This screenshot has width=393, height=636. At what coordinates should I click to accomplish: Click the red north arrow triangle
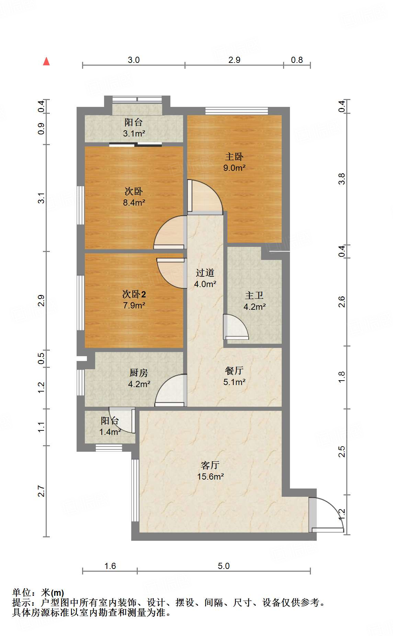(x=46, y=62)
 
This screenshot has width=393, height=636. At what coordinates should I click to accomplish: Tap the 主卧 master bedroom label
(x=234, y=157)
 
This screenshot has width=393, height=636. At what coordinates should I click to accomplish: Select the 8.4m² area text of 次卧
(x=134, y=202)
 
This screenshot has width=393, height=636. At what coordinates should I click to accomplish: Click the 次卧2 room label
(x=134, y=294)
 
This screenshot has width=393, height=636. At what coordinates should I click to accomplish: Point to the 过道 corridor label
(x=205, y=273)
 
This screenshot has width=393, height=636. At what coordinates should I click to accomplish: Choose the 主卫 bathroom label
(x=254, y=296)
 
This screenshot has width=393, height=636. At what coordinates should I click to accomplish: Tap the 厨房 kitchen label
(x=139, y=373)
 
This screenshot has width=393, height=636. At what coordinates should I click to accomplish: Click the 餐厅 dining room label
(x=234, y=371)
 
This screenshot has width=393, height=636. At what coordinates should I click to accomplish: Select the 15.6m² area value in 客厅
(x=211, y=476)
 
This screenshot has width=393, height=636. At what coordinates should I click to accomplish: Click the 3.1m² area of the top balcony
(x=134, y=133)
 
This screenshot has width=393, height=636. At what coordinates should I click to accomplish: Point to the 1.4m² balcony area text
(x=110, y=432)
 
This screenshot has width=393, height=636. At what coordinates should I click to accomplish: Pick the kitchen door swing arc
(x=170, y=391)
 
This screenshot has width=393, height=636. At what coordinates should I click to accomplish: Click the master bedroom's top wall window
(x=237, y=111)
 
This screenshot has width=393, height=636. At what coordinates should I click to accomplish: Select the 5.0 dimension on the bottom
(x=224, y=566)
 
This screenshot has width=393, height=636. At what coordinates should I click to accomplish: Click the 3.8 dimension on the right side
(x=341, y=179)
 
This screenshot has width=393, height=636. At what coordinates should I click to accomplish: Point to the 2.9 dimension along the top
(x=234, y=60)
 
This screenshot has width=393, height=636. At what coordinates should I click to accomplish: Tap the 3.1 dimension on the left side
(x=41, y=198)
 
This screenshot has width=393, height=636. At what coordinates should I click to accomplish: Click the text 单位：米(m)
(x=38, y=592)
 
